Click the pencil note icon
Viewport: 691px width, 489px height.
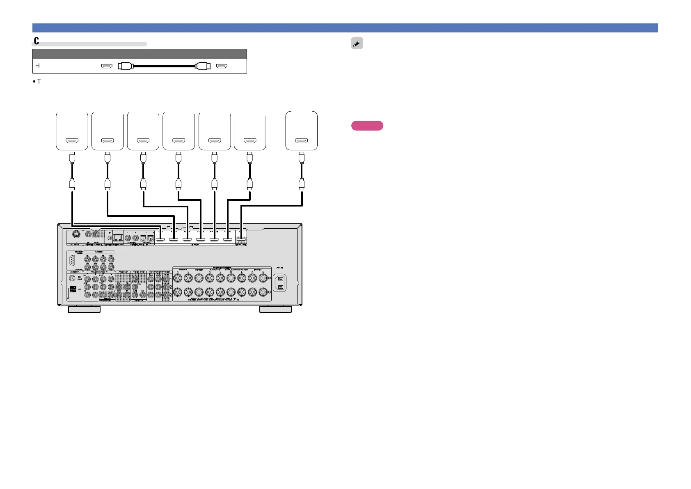point(357,43)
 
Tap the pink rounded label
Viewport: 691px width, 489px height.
point(367,126)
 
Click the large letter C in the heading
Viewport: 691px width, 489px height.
point(37,41)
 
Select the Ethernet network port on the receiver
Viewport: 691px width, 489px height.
point(118,237)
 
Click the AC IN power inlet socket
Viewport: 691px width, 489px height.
point(280,283)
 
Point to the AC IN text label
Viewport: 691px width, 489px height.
point(279,268)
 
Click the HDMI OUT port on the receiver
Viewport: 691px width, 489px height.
point(242,239)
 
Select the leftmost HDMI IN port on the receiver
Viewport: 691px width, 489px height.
point(160,239)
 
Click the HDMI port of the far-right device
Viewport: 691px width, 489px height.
point(302,141)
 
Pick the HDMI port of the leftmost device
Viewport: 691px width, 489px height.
point(72,141)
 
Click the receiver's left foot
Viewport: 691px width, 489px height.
point(84,309)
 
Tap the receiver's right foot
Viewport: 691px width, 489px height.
point(276,309)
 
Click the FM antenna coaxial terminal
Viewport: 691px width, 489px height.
point(74,278)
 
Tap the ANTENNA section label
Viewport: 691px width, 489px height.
point(75,272)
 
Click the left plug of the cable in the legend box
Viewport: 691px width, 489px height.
point(126,66)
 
